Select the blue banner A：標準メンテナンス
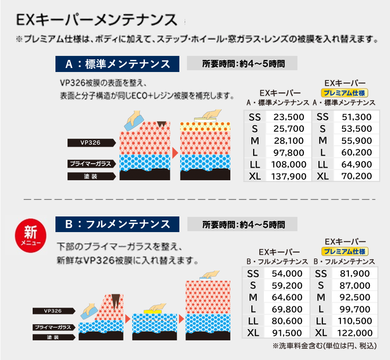117,64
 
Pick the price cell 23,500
288,117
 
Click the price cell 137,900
288,176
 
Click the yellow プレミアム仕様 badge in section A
345,93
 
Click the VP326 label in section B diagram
53,310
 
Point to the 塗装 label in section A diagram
89,176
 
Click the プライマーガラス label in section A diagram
89,164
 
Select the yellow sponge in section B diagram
153,310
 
